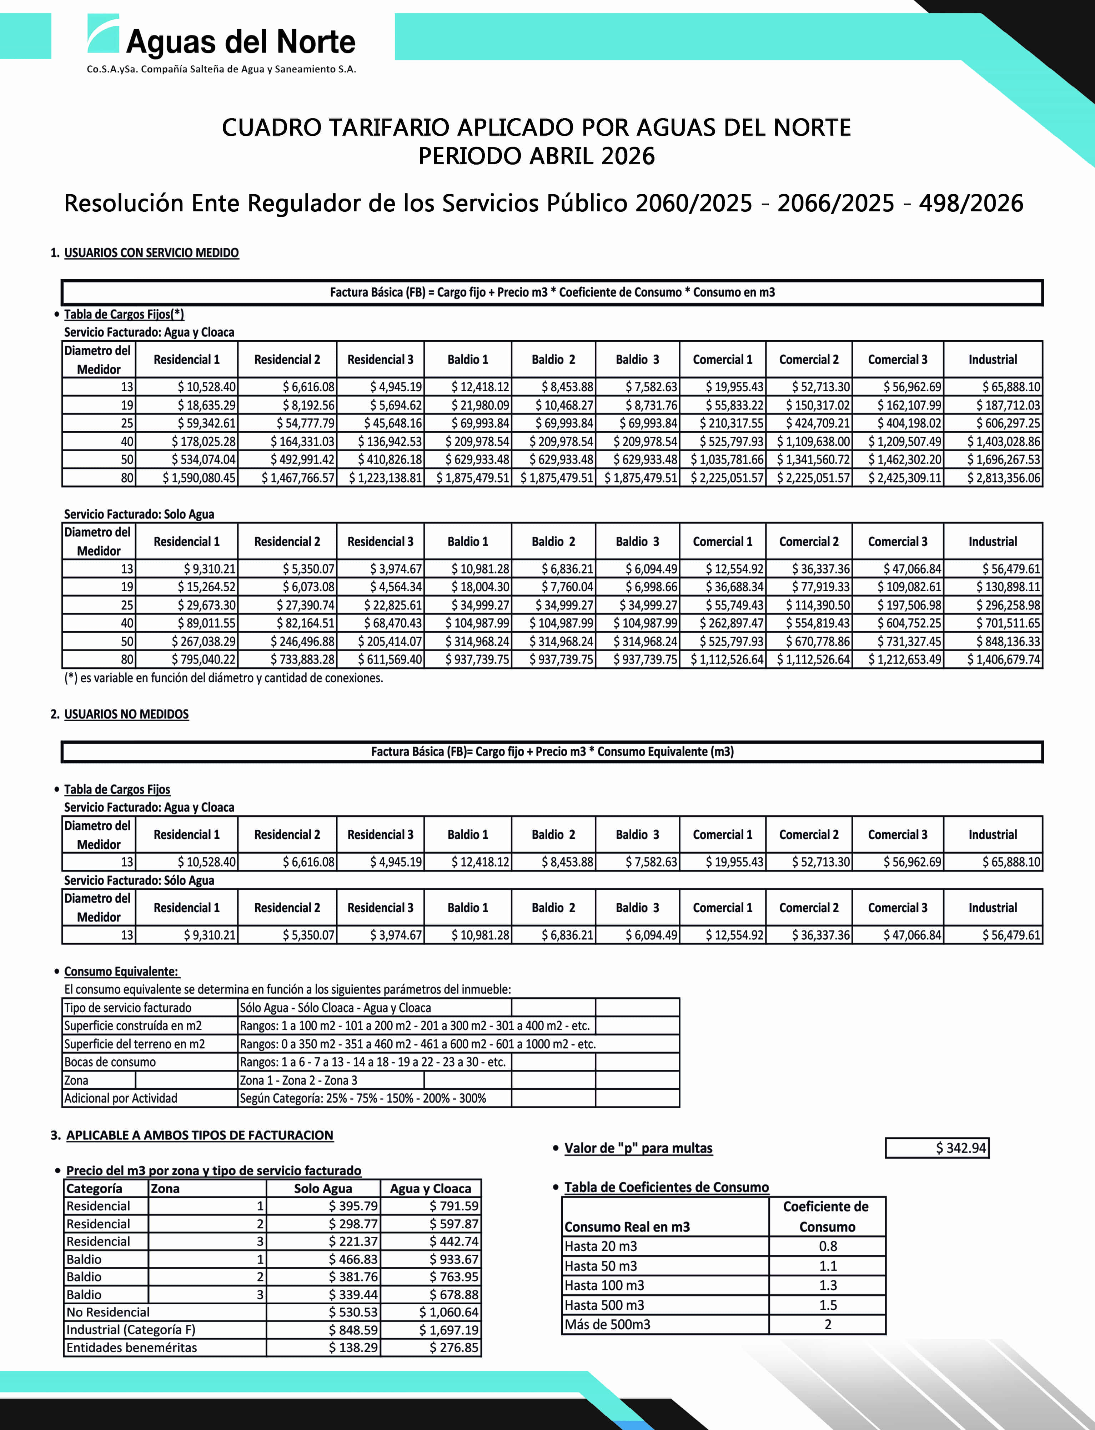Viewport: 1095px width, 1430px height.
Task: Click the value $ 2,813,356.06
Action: click(1003, 478)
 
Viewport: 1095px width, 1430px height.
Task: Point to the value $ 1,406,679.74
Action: click(1003, 659)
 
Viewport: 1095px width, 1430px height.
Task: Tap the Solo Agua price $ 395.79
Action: click(353, 1206)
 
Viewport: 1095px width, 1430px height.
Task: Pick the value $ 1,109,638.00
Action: click(813, 441)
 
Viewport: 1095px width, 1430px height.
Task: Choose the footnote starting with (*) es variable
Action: click(223, 678)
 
